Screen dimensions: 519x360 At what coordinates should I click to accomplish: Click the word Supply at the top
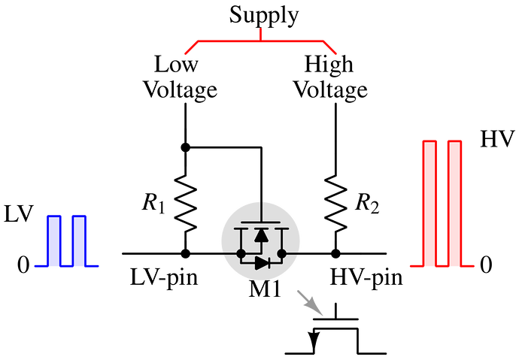[264, 16]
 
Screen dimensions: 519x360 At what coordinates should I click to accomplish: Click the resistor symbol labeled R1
[185, 204]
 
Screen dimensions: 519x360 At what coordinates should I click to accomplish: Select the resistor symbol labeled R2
[336, 204]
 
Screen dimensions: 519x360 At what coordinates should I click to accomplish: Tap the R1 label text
[153, 203]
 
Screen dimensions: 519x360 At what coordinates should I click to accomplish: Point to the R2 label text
[367, 203]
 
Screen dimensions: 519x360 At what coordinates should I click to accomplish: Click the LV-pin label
[164, 277]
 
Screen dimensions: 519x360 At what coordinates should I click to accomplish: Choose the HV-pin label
[367, 277]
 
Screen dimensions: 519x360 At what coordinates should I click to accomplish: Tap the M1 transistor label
[265, 289]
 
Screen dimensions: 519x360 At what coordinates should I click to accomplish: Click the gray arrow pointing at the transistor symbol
[309, 302]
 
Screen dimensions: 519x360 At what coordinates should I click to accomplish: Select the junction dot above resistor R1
[185, 147]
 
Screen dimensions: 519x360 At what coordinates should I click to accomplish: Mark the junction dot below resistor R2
[336, 253]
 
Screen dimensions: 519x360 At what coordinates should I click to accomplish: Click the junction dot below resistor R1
[185, 253]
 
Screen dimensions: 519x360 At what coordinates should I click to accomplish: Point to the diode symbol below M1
[263, 264]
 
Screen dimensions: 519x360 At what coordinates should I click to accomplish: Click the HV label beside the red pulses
[497, 139]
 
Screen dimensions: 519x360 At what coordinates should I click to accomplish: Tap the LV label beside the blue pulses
[19, 214]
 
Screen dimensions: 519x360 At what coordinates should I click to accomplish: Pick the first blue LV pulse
[54, 241]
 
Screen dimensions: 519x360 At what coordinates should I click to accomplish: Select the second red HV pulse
[454, 204]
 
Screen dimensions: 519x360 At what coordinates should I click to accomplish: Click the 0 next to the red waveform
[486, 265]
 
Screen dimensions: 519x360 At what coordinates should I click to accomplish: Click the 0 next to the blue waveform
[23, 265]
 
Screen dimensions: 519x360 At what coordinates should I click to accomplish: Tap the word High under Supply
[329, 65]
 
